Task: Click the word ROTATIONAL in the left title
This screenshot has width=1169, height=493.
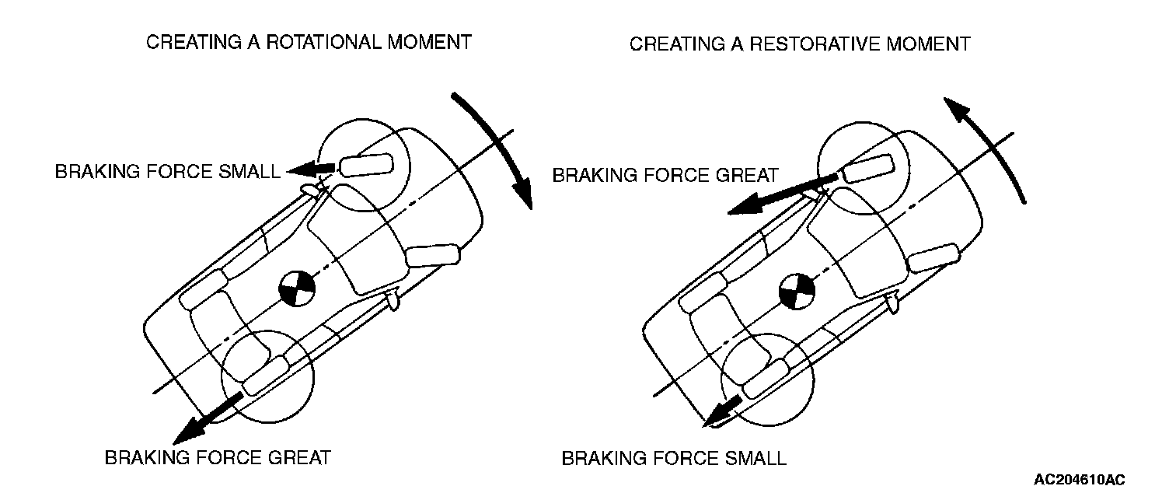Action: point(311,42)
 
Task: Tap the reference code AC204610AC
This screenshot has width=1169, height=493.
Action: point(1079,479)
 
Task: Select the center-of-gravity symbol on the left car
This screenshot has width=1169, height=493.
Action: point(297,290)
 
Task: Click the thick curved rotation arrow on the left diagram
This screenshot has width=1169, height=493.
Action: point(497,144)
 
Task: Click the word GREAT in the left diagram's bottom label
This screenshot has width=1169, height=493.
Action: point(302,457)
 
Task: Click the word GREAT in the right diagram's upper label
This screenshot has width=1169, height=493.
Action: point(747,176)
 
